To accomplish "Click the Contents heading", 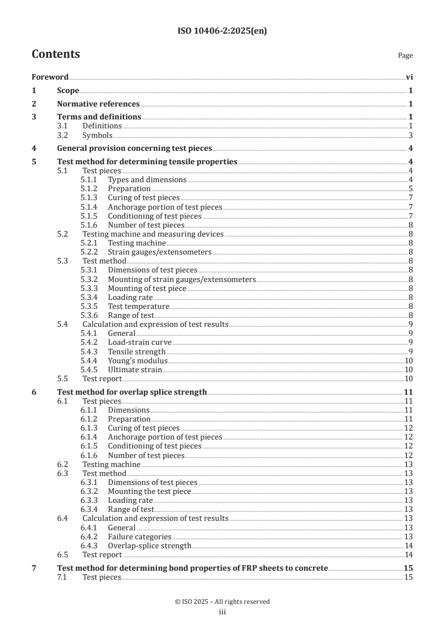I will [x=56, y=54].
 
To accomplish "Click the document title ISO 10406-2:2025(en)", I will [x=222, y=31].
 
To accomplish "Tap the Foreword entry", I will [x=50, y=77].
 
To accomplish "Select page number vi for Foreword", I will [x=409, y=77].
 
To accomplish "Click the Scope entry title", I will [x=68, y=90].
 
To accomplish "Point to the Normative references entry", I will [x=98, y=104].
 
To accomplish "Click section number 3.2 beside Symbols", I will [x=63, y=135].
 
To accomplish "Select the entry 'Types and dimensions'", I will [x=147, y=180].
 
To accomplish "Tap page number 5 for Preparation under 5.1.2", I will [x=411, y=189].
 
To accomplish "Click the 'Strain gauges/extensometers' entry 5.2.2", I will [x=159, y=252].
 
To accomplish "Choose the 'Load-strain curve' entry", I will [x=140, y=342].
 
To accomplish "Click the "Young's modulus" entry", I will [x=137, y=360].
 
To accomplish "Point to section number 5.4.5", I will [x=89, y=369].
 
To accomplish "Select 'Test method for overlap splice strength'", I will [x=132, y=392].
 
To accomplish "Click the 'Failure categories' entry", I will [x=139, y=536].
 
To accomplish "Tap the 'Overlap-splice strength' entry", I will [x=149, y=545].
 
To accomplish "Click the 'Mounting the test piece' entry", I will [x=149, y=491].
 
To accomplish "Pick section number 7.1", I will [x=63, y=577].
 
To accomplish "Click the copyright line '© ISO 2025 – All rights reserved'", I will [x=222, y=602].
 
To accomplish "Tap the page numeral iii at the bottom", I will [x=222, y=612].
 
